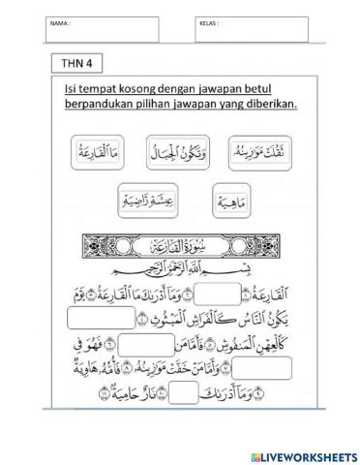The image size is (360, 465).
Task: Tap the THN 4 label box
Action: tap(76, 64)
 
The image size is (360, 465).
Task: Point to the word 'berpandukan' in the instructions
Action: tap(100, 104)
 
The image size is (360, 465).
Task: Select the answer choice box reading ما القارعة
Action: tap(98, 152)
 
